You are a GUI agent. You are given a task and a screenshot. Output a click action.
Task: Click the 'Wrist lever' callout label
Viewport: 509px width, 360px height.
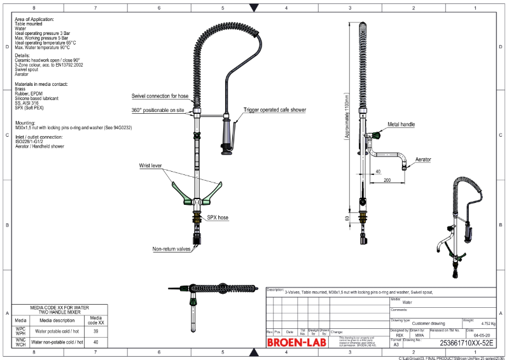coord(151,165)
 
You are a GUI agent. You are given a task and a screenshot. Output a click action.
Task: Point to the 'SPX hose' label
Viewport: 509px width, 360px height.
coord(218,218)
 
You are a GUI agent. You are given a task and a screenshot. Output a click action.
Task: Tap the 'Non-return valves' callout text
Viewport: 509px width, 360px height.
coord(171,249)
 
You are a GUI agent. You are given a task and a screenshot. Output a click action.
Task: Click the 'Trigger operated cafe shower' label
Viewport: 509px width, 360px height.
coord(274,110)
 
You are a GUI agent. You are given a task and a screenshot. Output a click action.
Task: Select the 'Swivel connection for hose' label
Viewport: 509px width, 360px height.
coord(160,96)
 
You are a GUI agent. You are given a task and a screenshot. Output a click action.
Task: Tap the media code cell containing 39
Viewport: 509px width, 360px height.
coord(96,331)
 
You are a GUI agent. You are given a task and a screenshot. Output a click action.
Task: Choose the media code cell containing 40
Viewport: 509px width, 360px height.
coord(96,342)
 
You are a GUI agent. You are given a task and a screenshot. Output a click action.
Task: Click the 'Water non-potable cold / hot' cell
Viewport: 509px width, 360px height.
coord(57,342)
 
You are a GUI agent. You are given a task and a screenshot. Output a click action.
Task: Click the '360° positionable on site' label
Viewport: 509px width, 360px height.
coord(158,110)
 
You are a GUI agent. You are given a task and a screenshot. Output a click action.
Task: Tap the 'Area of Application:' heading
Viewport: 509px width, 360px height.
coord(34,20)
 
